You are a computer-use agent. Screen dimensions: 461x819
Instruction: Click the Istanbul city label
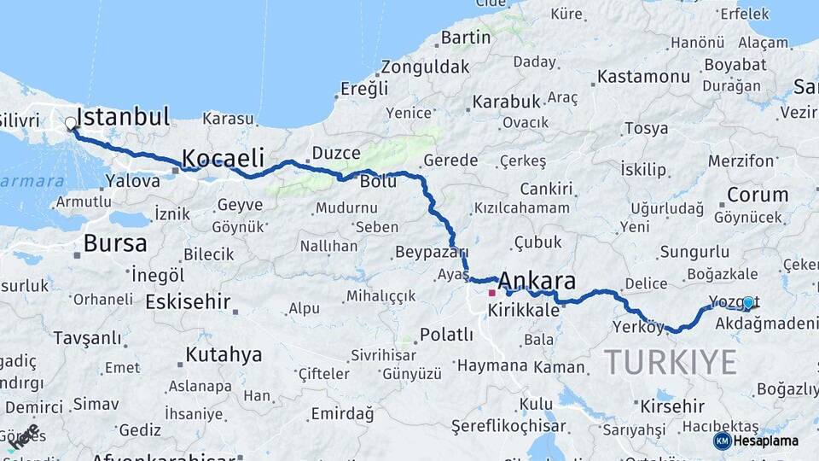(123, 117)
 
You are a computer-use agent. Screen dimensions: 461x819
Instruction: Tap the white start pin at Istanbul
(71, 124)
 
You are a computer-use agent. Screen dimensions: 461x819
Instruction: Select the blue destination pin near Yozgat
(748, 303)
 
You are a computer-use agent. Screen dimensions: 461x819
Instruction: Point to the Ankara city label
(537, 281)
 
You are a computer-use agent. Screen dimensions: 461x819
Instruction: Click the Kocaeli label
(223, 158)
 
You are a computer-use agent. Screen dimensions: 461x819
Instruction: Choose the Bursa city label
(114, 243)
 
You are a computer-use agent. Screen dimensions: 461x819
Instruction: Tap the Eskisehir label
(188, 301)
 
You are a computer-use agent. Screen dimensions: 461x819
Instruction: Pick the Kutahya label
(224, 355)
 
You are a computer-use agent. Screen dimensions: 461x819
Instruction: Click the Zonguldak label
(425, 67)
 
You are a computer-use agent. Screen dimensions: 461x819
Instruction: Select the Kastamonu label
(643, 77)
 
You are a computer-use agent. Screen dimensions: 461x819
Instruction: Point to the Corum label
(758, 195)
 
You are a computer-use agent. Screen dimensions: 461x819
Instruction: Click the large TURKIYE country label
(671, 362)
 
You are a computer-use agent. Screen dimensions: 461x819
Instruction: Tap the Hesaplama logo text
(765, 441)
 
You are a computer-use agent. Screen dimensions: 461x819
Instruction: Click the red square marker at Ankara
(491, 293)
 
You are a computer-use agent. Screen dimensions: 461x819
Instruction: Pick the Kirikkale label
(523, 312)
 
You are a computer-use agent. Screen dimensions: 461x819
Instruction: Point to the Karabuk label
(507, 102)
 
